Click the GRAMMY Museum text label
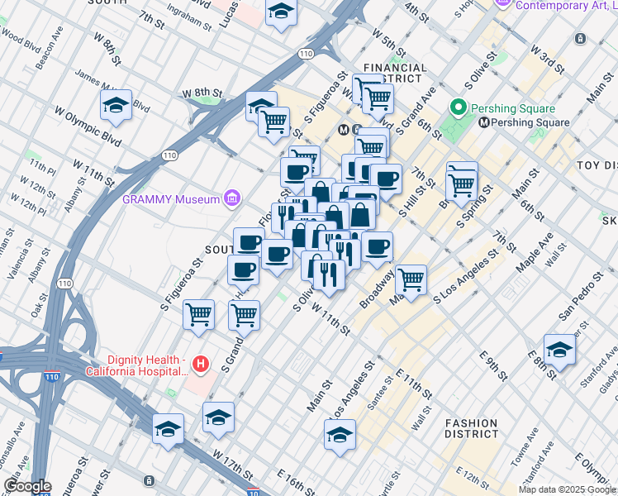pos(171,198)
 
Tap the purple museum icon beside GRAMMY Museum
pos(232,198)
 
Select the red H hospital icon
pos(199,363)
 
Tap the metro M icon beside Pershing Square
pos(484,122)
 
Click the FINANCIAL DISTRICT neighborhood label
pos(396,74)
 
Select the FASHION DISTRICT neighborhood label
pos(471,427)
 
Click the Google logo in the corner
pos(27,486)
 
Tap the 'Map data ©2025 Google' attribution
pos(567,489)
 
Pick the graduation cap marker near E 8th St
pos(559,349)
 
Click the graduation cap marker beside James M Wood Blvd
pos(116,105)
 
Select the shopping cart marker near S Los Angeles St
pos(411,280)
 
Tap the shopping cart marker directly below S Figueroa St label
pos(199,315)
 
